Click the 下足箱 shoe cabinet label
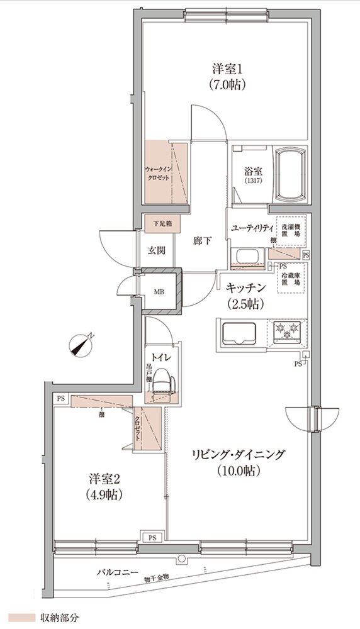(x=157, y=223)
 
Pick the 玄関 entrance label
(x=157, y=250)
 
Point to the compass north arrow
(x=81, y=345)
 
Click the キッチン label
(x=246, y=287)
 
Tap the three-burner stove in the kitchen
(x=289, y=330)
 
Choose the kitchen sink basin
(x=239, y=331)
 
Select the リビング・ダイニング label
(x=240, y=454)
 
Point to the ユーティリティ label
(x=250, y=227)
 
